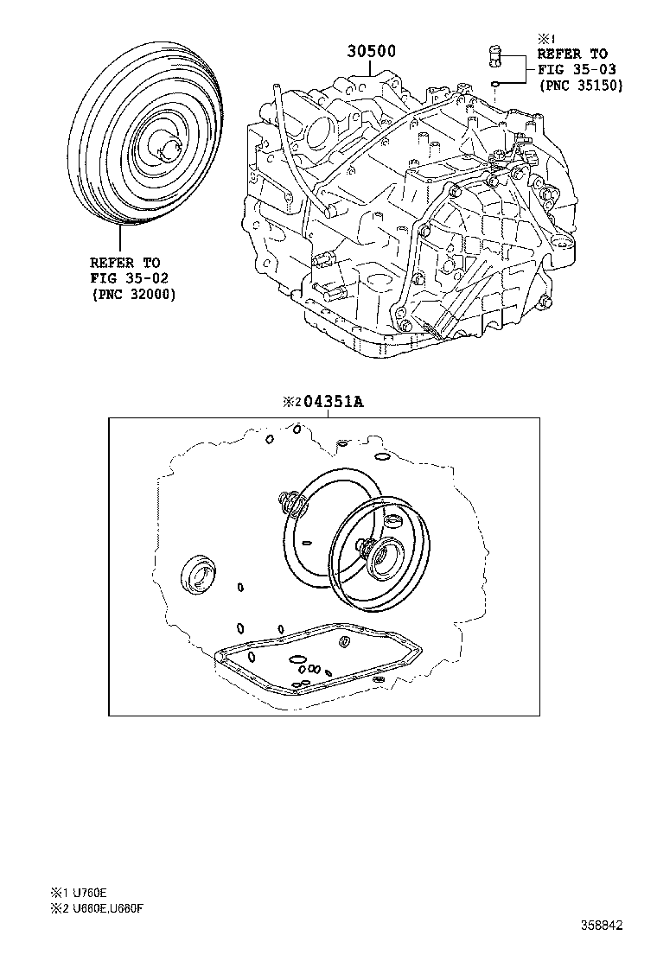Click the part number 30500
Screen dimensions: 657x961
click(371, 51)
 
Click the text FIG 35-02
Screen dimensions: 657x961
click(129, 278)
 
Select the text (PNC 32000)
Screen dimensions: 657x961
click(134, 294)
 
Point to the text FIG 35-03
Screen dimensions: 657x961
click(577, 69)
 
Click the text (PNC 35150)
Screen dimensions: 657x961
click(581, 86)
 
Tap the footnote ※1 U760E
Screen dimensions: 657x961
click(79, 893)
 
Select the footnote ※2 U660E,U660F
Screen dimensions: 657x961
click(96, 908)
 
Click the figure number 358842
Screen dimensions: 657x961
click(601, 925)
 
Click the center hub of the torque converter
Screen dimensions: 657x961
click(165, 149)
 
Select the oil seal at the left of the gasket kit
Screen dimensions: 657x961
click(198, 572)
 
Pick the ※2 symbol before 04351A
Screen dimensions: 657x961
click(291, 402)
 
